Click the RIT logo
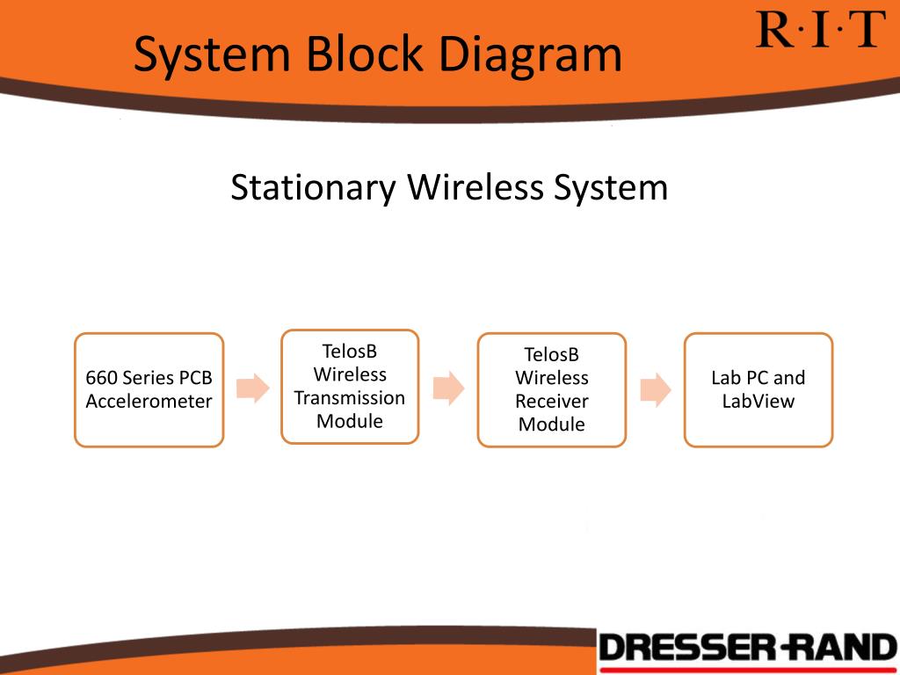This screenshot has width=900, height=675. (x=819, y=30)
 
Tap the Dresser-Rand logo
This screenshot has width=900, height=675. (x=747, y=650)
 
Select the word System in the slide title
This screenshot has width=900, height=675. (x=212, y=54)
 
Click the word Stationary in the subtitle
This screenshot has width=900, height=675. (x=312, y=188)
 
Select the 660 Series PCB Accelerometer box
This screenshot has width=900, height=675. (x=149, y=389)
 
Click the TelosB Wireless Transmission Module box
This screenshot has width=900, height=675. (x=350, y=386)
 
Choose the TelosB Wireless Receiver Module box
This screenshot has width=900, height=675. (x=551, y=389)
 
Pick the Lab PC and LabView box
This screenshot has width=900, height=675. (x=758, y=389)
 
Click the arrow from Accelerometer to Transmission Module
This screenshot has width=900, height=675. (x=253, y=388)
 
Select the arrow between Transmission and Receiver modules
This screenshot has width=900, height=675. (x=448, y=388)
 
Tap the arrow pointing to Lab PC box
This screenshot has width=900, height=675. (x=656, y=388)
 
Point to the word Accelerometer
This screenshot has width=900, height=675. (x=149, y=402)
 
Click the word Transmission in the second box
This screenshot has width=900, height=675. (x=350, y=398)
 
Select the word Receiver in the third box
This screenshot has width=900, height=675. (x=551, y=402)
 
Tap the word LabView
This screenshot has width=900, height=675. (x=758, y=402)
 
